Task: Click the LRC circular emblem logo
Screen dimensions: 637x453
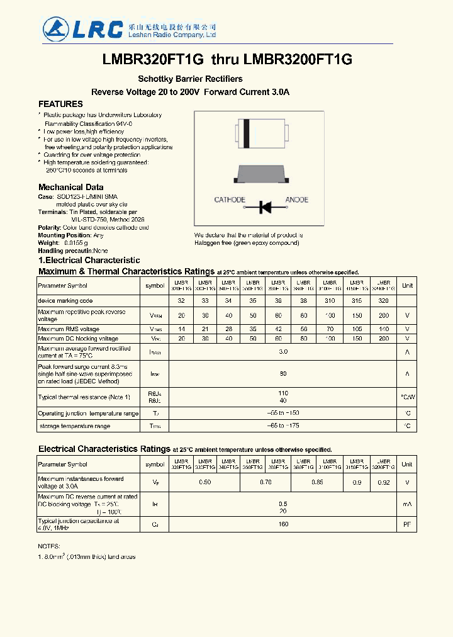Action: tap(55, 28)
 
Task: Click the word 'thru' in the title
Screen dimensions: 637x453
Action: tap(224, 60)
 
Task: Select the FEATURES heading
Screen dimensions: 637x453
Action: tap(60, 104)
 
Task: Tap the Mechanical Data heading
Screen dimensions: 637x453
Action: tap(70, 187)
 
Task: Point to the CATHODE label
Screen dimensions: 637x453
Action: tap(230, 200)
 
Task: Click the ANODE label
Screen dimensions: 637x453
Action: tap(297, 200)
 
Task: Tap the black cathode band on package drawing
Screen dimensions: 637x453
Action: tap(247, 133)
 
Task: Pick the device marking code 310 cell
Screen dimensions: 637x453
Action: tap(330, 301)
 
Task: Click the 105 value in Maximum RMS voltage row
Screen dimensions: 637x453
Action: tap(357, 329)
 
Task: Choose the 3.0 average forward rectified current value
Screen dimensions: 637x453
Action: tap(283, 352)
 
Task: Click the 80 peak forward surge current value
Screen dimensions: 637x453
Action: tap(283, 374)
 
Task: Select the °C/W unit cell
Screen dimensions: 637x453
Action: tap(408, 397)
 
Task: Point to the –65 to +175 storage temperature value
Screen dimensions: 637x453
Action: tap(283, 426)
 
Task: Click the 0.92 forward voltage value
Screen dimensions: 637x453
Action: tap(383, 483)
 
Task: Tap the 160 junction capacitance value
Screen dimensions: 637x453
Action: tap(283, 524)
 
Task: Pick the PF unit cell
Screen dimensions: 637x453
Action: tap(407, 524)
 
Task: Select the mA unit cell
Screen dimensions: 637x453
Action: tap(407, 504)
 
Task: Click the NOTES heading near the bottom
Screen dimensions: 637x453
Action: tap(49, 546)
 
